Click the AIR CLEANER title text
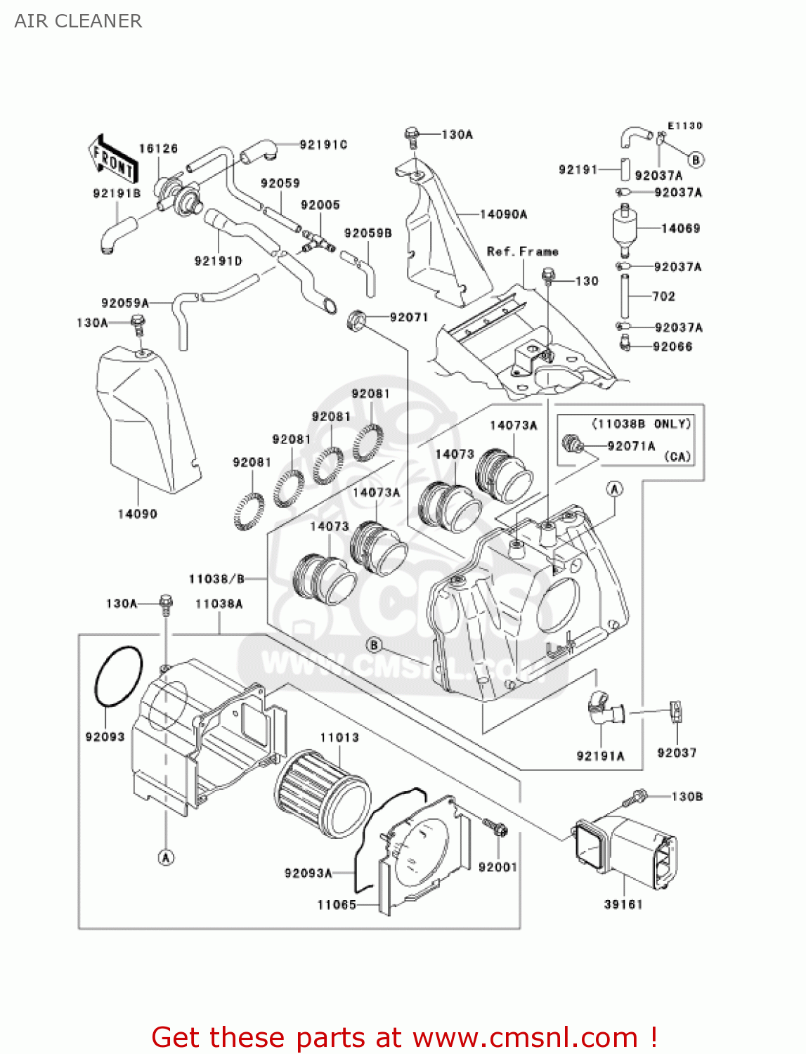coord(78,21)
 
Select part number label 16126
coord(158,148)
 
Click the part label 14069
coord(680,228)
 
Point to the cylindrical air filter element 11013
coord(322,793)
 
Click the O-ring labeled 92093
coord(118,676)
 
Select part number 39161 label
coord(623,904)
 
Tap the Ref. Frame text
coord(522,251)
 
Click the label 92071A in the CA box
coord(631,445)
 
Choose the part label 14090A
coord(503,214)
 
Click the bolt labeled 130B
coord(638,798)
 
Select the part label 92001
coord(498,867)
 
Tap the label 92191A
coord(600,756)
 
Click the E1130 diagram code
coord(684,126)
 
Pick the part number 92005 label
coord(320,204)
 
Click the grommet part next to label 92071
coord(358,320)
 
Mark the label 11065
coord(337,905)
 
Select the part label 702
coord(663,297)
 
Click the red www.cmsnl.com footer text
coord(404,1037)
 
